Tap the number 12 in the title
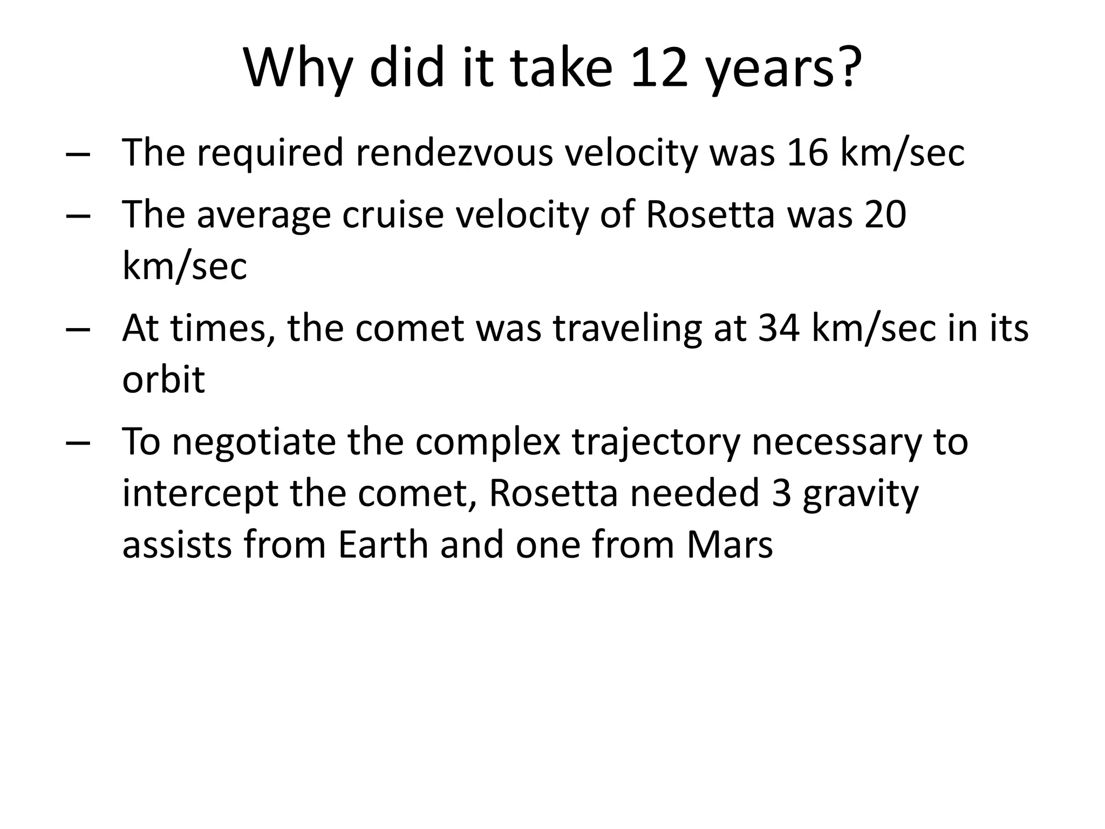coord(659,69)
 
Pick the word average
coord(263,215)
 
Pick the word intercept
coord(200,494)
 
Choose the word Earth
coord(383,545)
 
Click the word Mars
coord(730,545)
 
